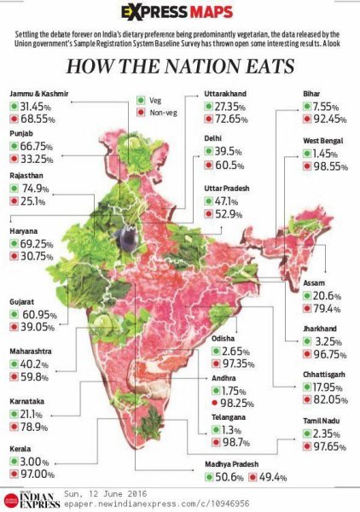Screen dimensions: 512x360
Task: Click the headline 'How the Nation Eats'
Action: click(180, 66)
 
